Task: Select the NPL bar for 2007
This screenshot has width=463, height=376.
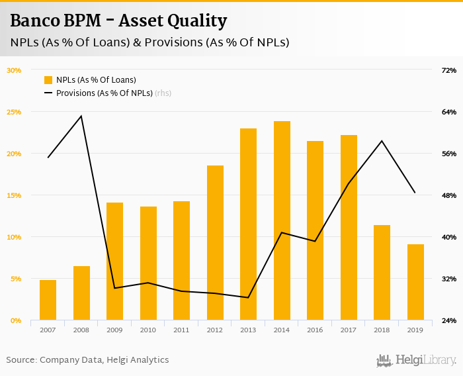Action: point(48,300)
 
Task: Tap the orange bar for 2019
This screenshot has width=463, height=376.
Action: point(415,282)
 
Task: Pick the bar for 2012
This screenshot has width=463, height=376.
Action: point(215,242)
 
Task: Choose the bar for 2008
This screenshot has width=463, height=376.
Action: point(81,293)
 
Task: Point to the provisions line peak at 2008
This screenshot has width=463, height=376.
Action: point(81,117)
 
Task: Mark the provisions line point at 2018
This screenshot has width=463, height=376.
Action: point(382,141)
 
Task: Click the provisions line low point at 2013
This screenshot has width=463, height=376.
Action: point(248,298)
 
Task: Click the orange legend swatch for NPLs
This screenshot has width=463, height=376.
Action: point(48,80)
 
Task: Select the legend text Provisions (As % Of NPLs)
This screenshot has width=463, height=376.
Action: point(104,93)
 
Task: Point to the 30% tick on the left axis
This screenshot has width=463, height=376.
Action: point(14,70)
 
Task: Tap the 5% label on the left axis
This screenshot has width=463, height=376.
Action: point(15,279)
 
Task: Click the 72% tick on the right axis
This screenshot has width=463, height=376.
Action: point(448,70)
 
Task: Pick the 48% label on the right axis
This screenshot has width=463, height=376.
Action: point(448,195)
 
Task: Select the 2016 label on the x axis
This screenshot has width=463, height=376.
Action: point(315,329)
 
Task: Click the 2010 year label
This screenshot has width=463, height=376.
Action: point(148,329)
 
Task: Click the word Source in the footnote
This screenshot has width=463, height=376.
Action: point(21,360)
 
